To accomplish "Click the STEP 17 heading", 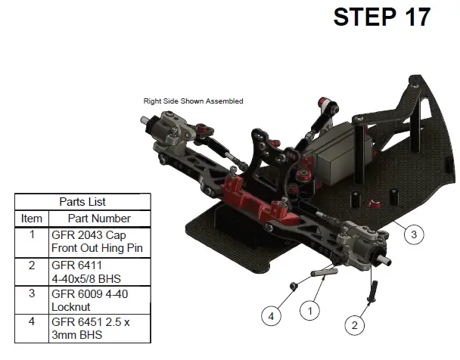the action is coord(381,17).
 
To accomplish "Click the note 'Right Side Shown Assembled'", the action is coord(194,101).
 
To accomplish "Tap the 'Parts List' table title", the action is coord(82,202).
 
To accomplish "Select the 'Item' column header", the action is coord(32,219).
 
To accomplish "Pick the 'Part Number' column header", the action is coord(99,219).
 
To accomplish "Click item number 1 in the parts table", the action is coord(32,234).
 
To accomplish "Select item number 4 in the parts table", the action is coord(32,321).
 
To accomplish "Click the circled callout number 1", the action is coord(310,311).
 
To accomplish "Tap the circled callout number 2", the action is coord(355,325).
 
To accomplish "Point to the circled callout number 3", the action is coord(414,234).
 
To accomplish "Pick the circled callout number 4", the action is coord(271,316).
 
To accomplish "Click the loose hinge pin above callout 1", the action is coord(324,272).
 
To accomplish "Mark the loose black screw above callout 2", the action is coord(372,291).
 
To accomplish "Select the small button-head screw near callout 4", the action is coord(294,286).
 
